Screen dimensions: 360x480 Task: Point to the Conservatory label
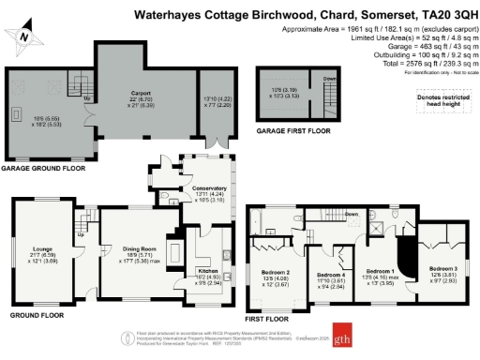point(209,188)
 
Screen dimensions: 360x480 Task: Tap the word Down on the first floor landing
point(351,214)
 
